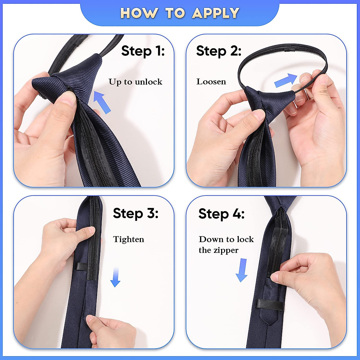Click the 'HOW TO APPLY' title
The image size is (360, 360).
[180, 13]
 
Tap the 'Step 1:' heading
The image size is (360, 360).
[143, 51]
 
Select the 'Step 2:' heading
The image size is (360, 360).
[219, 51]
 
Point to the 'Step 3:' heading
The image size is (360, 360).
[136, 213]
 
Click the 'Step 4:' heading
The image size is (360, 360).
[221, 214]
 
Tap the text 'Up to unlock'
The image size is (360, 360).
[135, 82]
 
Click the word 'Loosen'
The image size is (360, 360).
[211, 82]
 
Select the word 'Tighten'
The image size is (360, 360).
[128, 239]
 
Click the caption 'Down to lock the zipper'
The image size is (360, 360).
[226, 244]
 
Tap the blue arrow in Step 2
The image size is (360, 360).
[286, 80]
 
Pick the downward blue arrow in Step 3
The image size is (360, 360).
[115, 277]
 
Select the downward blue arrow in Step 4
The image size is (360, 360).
[242, 270]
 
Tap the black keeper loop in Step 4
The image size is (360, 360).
[269, 304]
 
